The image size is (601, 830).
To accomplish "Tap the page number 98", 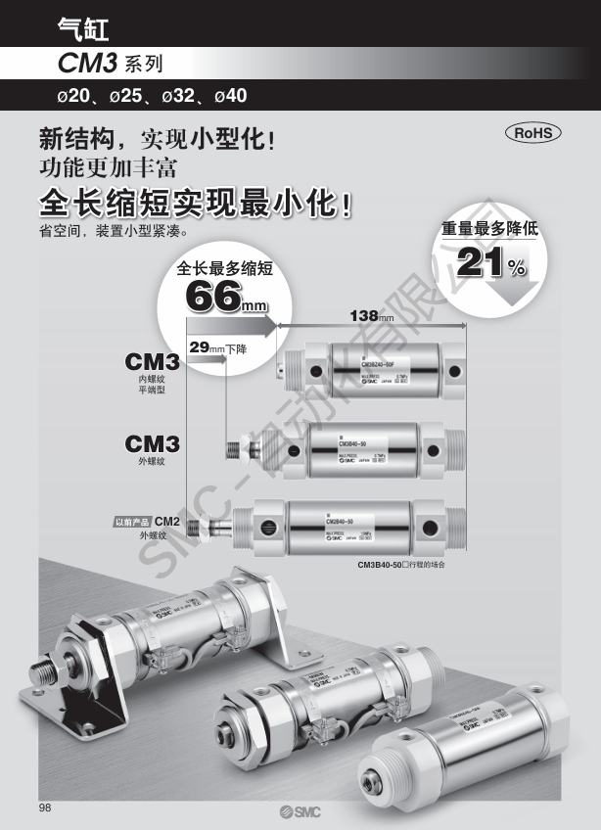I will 45,807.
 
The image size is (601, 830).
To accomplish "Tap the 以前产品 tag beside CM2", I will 132,522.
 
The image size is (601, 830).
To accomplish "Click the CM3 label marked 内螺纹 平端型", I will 152,364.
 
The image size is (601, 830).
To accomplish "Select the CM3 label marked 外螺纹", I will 152,445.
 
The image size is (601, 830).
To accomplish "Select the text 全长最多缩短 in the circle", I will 223,267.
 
